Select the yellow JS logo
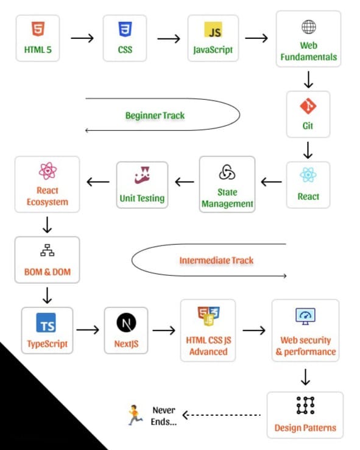[213, 30]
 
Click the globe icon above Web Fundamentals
[308, 27]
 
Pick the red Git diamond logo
[308, 107]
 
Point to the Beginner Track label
[155, 115]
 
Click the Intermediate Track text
[216, 260]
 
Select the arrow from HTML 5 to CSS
[82, 38]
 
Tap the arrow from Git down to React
[308, 149]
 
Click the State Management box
[227, 184]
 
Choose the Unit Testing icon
[142, 176]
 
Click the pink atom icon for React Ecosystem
[47, 170]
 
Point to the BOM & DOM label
[47, 272]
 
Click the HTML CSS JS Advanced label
[208, 346]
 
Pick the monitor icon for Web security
[305, 316]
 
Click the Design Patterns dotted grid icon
[305, 405]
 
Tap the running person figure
[133, 415]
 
